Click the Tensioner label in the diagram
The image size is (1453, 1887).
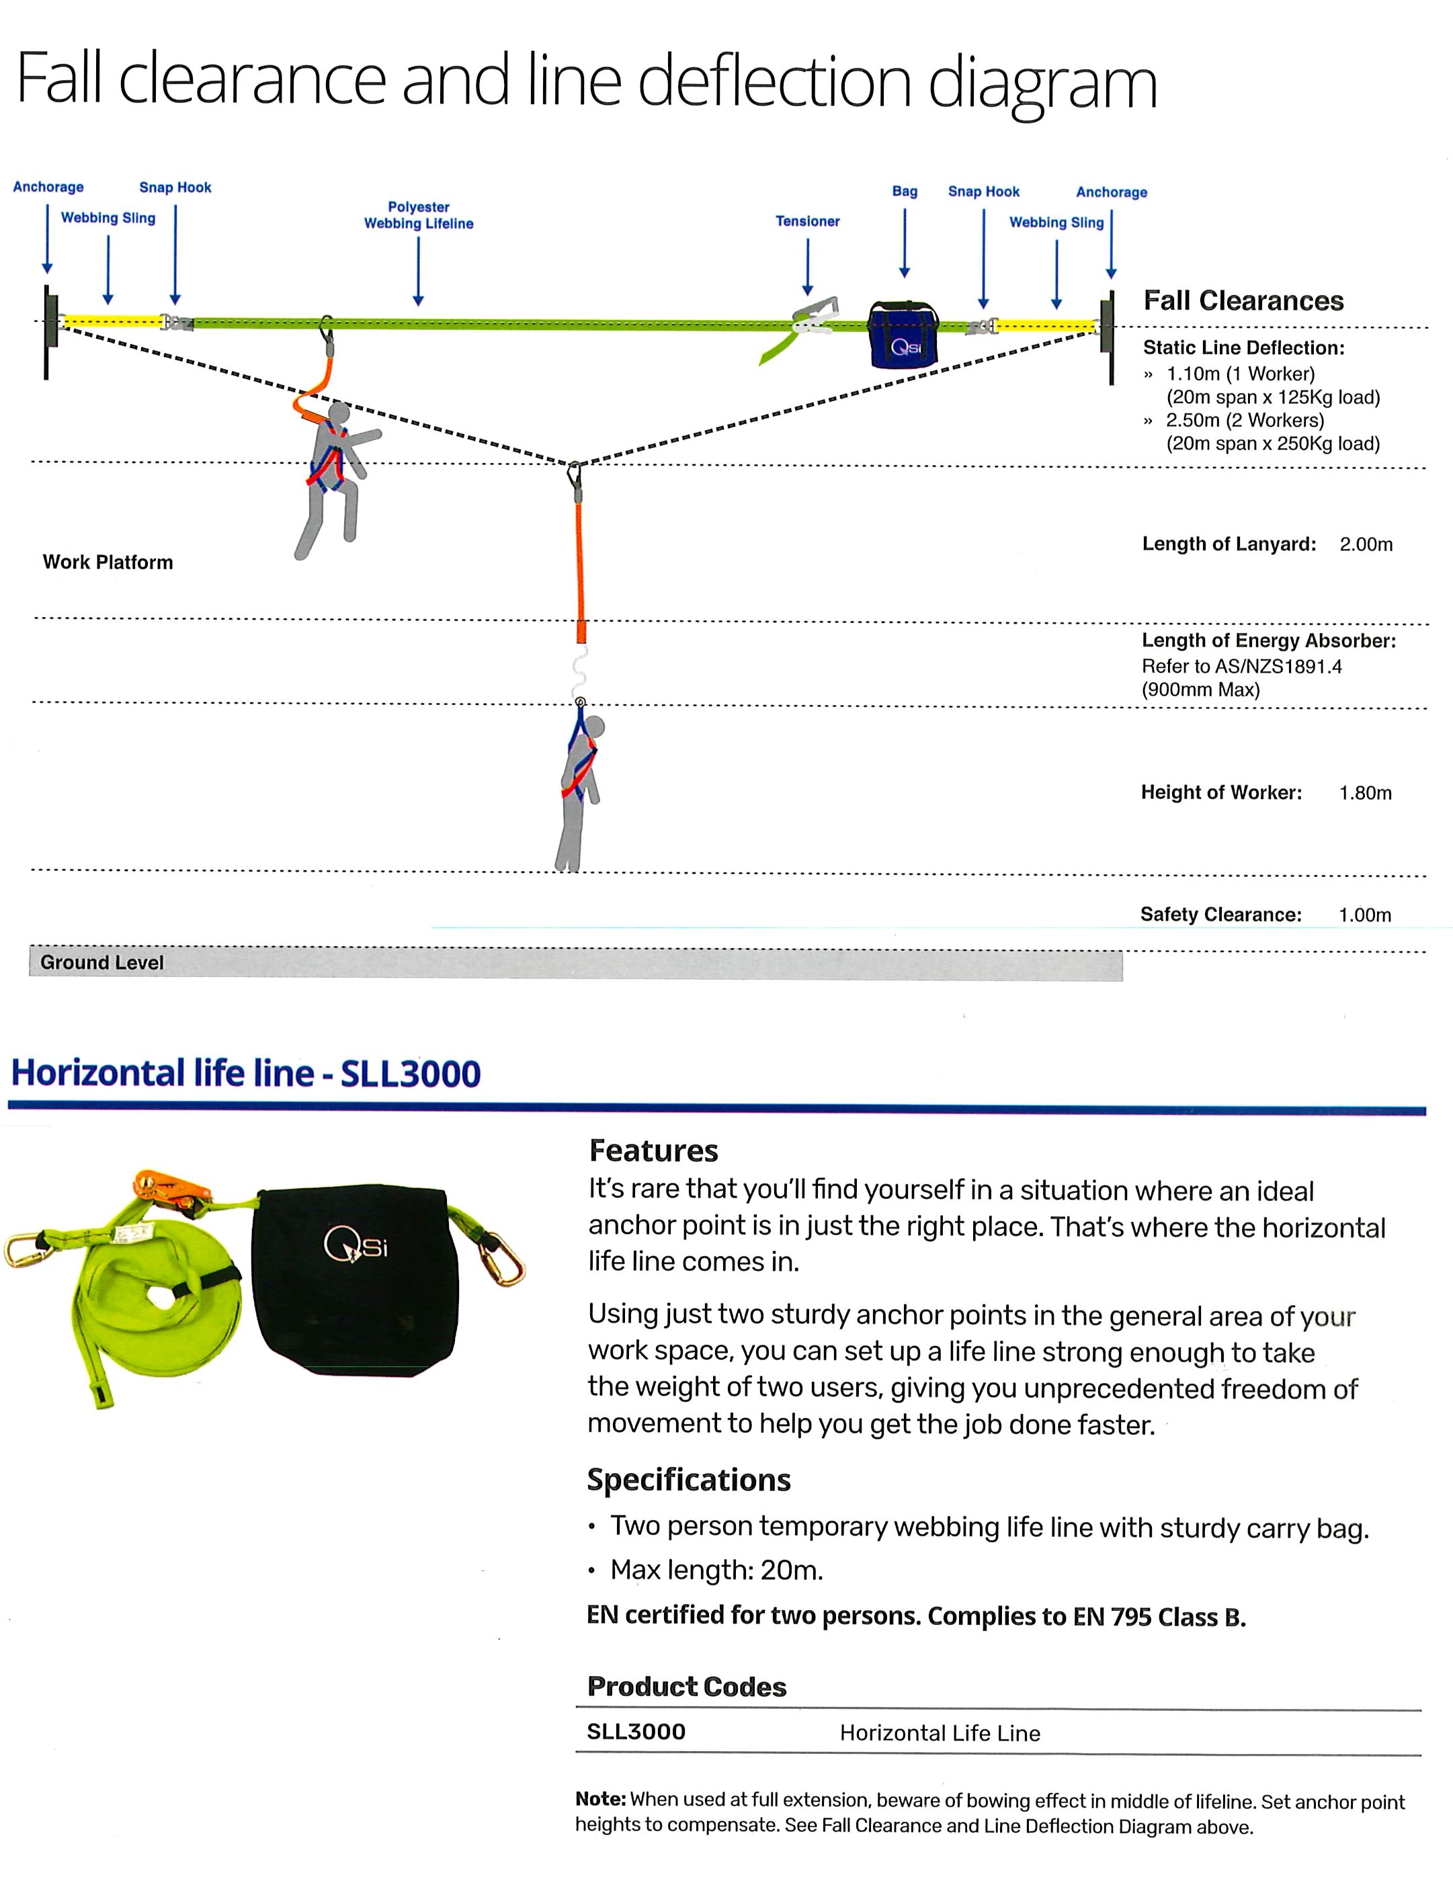coord(807,221)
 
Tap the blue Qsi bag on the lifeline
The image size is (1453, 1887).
coord(904,336)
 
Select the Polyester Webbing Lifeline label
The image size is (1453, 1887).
coord(418,215)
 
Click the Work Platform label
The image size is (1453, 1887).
coord(108,562)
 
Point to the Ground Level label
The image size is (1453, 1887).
coord(102,962)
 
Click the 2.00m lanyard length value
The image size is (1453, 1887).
coord(1366,544)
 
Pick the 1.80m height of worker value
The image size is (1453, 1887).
coord(1365,793)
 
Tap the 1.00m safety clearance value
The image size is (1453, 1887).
coord(1365,915)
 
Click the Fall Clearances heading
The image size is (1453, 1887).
coord(1243,300)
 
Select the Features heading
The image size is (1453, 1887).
coord(653,1151)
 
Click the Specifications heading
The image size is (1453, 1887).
coord(688,1480)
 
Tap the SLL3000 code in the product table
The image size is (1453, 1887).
coord(636,1732)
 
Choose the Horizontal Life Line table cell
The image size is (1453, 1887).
coord(940,1733)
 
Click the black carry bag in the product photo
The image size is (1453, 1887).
coord(354,1279)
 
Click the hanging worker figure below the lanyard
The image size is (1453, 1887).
coord(578,786)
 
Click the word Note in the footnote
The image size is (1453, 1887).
coord(600,1800)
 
